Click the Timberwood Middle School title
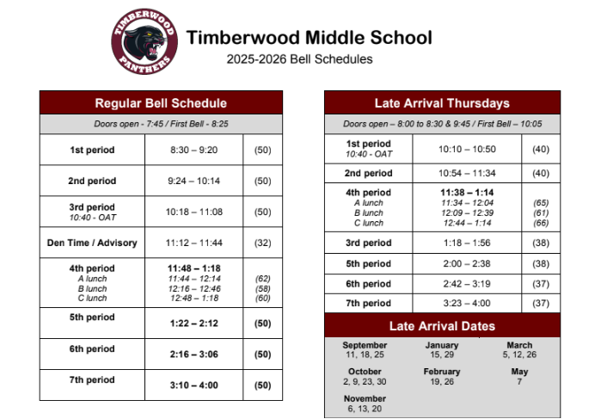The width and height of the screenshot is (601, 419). [309, 38]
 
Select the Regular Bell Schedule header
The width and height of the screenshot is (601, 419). [161, 103]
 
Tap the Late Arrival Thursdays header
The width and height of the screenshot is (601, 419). [442, 103]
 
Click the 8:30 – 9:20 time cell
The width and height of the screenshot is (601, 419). [193, 150]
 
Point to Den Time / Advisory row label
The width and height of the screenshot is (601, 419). [92, 243]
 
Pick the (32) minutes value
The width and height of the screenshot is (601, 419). [262, 243]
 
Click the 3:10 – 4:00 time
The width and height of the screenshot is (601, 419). [193, 385]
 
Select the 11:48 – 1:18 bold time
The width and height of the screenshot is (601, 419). [193, 268]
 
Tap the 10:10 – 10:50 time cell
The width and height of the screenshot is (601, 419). [467, 149]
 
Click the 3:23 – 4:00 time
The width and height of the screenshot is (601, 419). [467, 303]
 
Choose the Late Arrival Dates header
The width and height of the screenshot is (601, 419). [442, 326]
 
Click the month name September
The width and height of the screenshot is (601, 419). [365, 345]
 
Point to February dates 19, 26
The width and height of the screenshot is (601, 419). [442, 381]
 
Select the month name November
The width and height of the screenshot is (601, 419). [365, 399]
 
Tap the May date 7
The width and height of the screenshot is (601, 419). [519, 381]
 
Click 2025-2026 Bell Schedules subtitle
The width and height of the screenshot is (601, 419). [300, 59]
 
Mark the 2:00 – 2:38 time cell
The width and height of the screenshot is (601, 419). [467, 263]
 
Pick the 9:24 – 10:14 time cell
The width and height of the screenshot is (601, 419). [193, 181]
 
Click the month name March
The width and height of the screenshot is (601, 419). [519, 345]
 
